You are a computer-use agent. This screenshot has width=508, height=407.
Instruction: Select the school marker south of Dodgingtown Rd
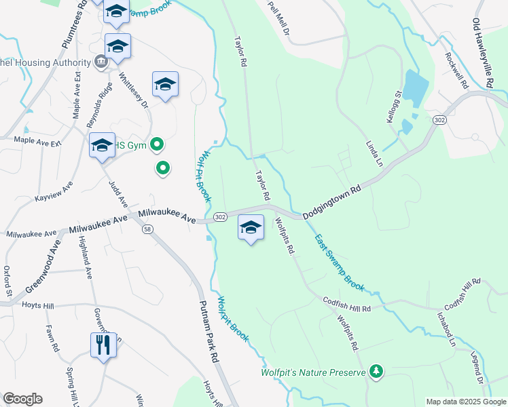coord(251,228)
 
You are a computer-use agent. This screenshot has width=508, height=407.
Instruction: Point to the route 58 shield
coord(147,229)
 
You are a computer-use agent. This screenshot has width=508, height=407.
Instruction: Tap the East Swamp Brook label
coord(339,263)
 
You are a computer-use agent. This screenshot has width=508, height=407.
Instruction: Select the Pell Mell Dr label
coord(278,18)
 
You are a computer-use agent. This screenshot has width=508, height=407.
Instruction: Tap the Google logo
coord(22,399)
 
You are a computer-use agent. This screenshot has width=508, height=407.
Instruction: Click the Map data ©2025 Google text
coord(465,402)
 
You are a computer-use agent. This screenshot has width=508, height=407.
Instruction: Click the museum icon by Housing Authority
coord(101,62)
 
